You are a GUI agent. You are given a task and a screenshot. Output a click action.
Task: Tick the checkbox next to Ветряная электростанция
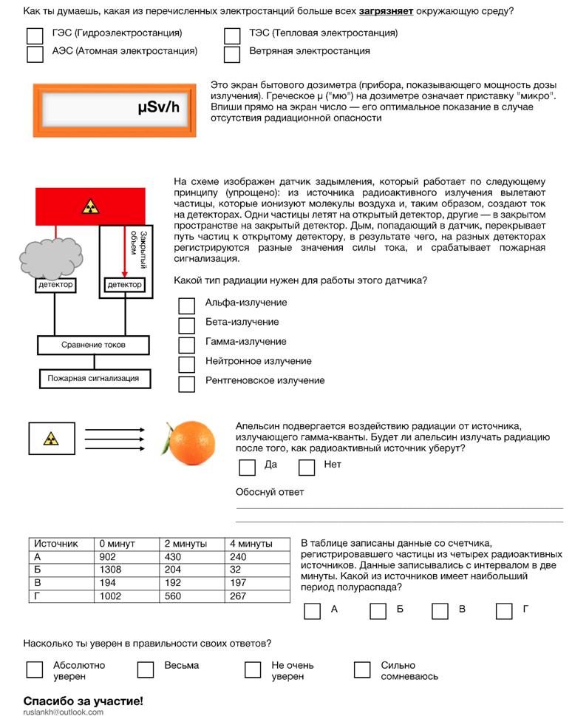pos(232,54)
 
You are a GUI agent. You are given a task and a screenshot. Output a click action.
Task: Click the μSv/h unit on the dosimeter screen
pos(157,108)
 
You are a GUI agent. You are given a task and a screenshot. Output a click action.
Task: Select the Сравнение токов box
pos(93,345)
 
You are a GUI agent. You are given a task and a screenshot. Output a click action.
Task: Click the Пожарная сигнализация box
pos(93,378)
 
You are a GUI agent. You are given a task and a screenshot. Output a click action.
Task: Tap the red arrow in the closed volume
pos(124,252)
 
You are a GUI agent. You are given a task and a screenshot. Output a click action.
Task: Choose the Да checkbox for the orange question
pos(248,467)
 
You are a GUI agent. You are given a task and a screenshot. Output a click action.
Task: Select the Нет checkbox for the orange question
pos(307,467)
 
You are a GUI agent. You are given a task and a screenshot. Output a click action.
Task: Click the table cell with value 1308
pos(126,570)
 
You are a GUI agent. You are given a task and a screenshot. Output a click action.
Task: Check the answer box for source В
pos(440,610)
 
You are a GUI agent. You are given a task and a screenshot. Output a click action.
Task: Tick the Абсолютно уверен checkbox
pos(35,669)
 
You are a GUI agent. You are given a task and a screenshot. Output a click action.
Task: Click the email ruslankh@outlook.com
pos(64,712)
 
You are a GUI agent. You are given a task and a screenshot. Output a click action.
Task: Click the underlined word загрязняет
pos(386,11)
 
